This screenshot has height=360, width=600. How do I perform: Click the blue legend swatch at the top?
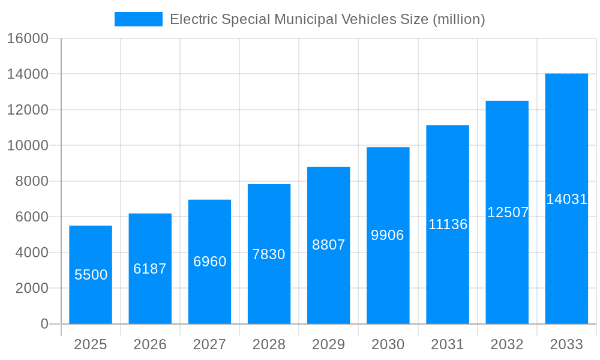(138, 19)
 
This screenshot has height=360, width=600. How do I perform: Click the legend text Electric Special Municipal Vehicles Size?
(327, 19)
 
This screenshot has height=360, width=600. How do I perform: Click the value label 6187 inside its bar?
(150, 269)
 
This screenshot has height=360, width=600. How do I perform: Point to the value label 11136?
(448, 224)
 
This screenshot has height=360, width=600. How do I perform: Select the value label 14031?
(566, 199)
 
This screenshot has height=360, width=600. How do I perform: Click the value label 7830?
(269, 254)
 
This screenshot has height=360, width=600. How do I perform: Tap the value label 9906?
(388, 235)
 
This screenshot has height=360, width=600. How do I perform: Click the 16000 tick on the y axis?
(28, 39)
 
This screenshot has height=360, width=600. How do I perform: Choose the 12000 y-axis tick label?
(28, 110)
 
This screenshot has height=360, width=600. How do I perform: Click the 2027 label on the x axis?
(209, 344)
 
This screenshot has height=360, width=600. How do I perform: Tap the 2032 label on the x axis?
(507, 344)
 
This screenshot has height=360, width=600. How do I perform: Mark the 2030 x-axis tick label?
(388, 344)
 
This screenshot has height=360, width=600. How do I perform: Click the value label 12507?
(508, 212)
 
